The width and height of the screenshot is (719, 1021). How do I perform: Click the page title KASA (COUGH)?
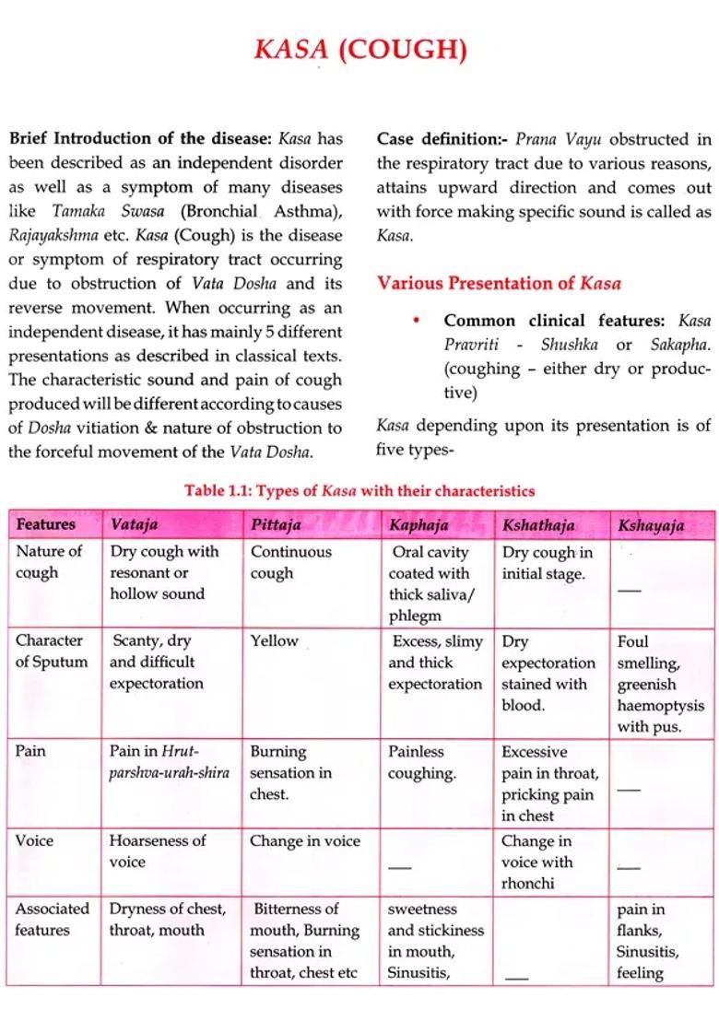click(x=359, y=49)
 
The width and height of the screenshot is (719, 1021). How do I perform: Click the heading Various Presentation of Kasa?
click(x=499, y=283)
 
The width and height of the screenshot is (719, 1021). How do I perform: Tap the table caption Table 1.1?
click(x=359, y=490)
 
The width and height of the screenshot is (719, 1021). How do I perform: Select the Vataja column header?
click(x=134, y=524)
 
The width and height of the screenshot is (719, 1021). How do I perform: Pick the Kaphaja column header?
click(x=418, y=525)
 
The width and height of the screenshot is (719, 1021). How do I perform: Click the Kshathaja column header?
click(x=538, y=525)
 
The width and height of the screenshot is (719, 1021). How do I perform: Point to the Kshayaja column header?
click(x=651, y=525)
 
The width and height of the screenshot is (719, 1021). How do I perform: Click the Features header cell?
click(x=46, y=524)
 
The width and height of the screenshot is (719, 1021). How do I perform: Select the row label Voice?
click(x=35, y=840)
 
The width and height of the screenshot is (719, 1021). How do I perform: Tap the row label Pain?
click(x=30, y=751)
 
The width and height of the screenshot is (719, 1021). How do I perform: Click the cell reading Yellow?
click(x=274, y=640)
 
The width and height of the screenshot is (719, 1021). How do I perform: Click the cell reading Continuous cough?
click(x=291, y=562)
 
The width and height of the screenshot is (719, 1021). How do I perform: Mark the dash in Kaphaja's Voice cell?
click(x=399, y=867)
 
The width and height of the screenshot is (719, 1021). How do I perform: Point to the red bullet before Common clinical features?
click(x=417, y=321)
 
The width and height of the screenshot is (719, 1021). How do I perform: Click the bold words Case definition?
click(x=441, y=139)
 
